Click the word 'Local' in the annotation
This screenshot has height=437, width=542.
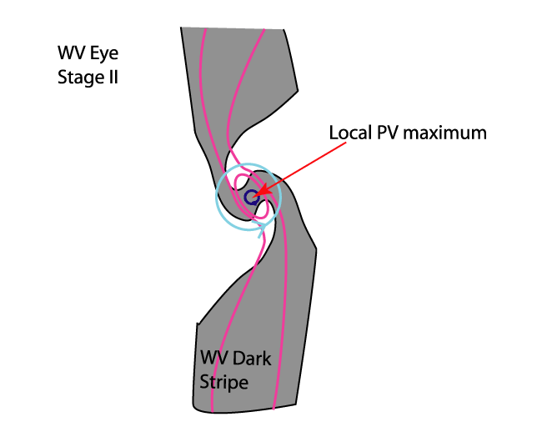pyautogui.click(x=349, y=133)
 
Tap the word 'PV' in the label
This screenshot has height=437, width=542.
pyautogui.click(x=386, y=133)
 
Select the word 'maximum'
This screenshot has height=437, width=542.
pyautogui.click(x=443, y=133)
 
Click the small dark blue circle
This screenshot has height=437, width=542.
pyautogui.click(x=251, y=198)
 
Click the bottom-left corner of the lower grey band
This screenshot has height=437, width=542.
pyautogui.click(x=193, y=408)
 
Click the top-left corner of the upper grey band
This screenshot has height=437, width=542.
pyautogui.click(x=181, y=28)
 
